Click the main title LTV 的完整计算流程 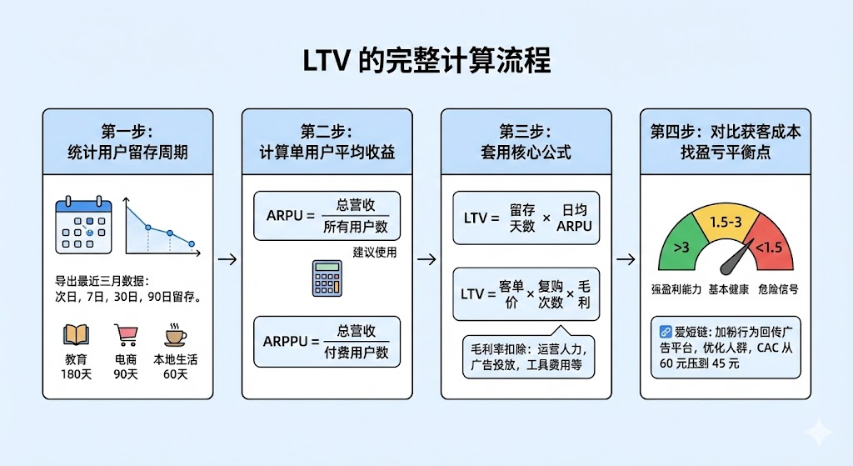[426, 63]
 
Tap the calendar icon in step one [82, 225]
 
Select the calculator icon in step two [327, 278]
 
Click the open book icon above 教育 [77, 335]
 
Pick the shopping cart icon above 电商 [126, 335]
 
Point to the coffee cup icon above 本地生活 [175, 335]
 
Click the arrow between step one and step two [226, 259]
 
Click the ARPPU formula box [327, 342]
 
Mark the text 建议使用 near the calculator [374, 252]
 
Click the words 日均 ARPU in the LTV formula [573, 218]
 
